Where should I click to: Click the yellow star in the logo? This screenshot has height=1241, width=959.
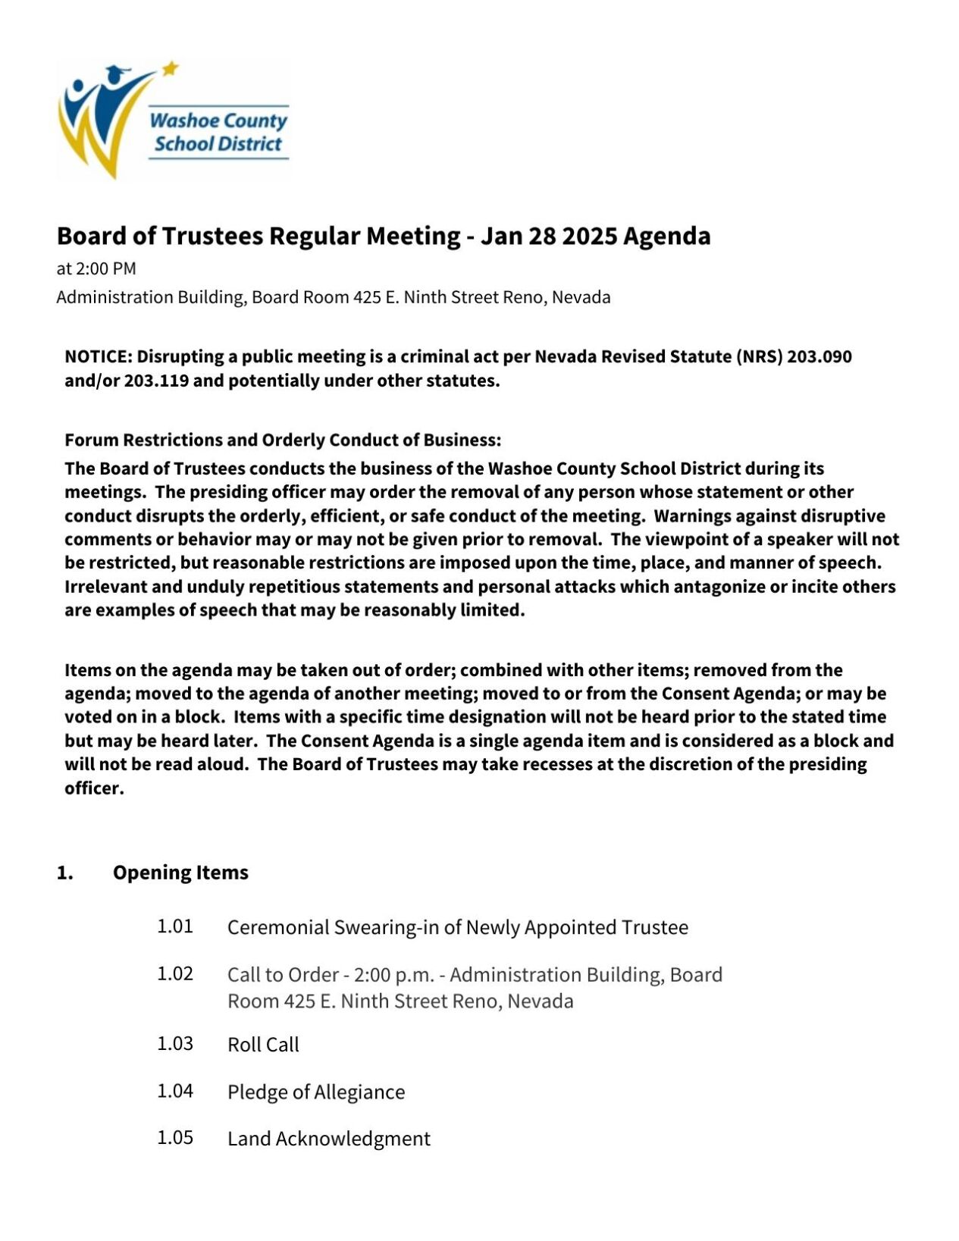[x=171, y=68]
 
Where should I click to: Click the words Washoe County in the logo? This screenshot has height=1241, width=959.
[x=218, y=121]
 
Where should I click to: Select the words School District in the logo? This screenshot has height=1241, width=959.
[x=218, y=144]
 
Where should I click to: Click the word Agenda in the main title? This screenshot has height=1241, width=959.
[x=666, y=236]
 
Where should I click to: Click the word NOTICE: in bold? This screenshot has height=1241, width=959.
[x=99, y=356]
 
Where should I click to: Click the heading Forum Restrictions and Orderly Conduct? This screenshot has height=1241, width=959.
[x=282, y=440]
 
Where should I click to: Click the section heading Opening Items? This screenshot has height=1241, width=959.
[x=180, y=873]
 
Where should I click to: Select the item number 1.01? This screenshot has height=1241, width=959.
[x=175, y=926]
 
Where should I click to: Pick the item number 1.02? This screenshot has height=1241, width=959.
[x=175, y=973]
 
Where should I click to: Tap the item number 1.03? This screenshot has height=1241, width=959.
[x=175, y=1044]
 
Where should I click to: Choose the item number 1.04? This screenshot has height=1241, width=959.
[x=175, y=1091]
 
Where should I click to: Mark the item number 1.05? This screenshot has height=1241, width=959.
[x=175, y=1138]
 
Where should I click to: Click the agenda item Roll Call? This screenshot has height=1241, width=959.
[x=263, y=1045]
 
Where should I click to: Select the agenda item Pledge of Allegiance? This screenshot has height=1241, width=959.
[x=316, y=1092]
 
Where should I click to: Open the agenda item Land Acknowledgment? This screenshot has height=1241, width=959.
[x=328, y=1139]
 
